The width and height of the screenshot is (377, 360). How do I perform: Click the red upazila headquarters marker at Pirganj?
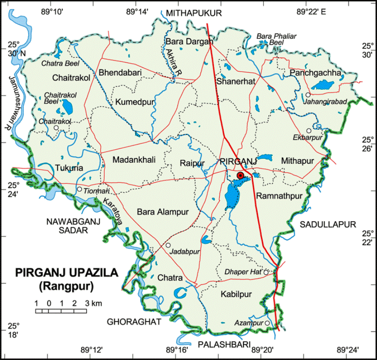point(240,175)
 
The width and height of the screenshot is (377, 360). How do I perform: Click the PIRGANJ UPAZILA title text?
point(67,273)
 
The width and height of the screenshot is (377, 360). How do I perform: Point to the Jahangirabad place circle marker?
point(308,95)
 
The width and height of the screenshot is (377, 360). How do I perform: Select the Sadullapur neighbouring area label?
point(328,224)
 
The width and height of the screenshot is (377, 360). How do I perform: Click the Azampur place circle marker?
point(267,323)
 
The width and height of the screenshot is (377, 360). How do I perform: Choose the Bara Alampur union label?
point(162,213)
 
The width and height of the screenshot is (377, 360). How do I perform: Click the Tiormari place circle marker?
point(79,189)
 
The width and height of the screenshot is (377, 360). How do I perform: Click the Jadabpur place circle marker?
point(168,245)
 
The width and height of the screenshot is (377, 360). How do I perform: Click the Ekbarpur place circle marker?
point(309,130)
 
